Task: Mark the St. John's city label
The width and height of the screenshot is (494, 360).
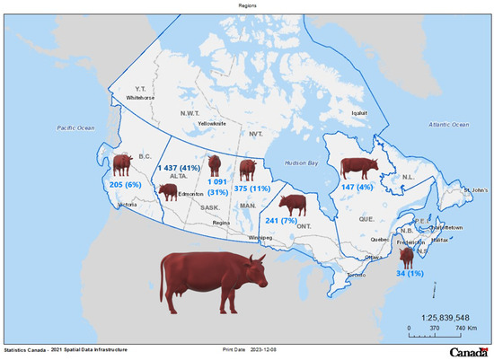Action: point(476,191)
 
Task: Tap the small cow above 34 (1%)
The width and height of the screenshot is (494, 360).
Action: point(406,257)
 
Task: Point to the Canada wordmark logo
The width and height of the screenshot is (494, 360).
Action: point(469,350)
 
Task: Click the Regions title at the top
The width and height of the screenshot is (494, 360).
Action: point(247,4)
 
